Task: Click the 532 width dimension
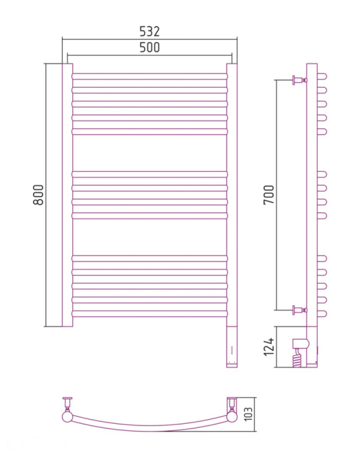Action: click(x=150, y=31)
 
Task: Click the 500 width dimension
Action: click(x=150, y=47)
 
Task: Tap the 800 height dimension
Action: click(x=38, y=195)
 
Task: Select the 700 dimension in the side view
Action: click(x=269, y=195)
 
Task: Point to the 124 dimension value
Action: click(x=269, y=347)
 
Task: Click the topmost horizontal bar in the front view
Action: click(x=150, y=76)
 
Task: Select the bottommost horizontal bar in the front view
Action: click(x=150, y=314)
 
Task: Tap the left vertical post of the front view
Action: click(x=67, y=195)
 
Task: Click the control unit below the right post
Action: click(x=232, y=347)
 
